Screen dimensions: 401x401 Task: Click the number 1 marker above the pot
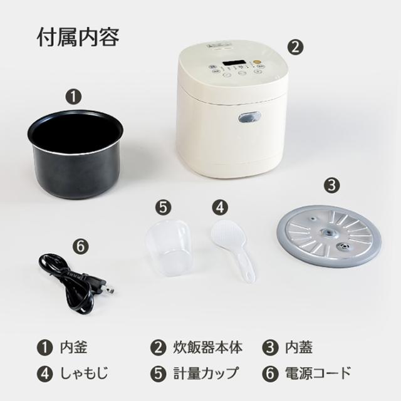[x=74, y=97]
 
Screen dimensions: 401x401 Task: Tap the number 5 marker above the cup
[x=162, y=206]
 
